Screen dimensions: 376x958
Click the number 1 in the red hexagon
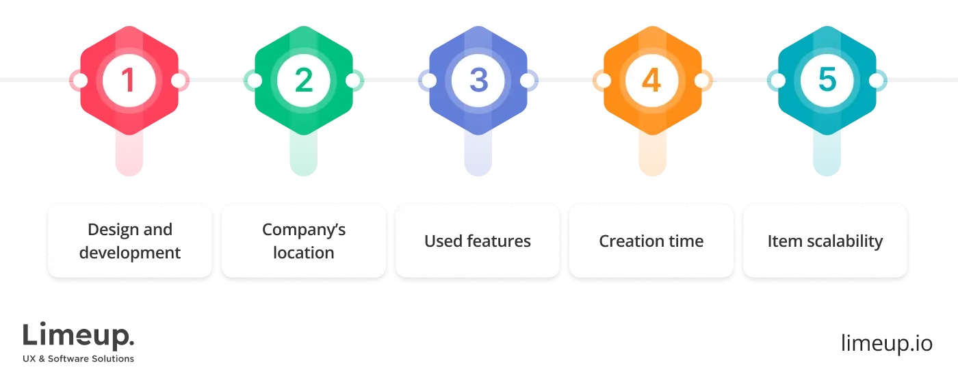tap(128, 81)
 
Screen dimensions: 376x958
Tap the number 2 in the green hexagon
tap(303, 81)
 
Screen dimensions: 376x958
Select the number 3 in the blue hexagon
tap(478, 81)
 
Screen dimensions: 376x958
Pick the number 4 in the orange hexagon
tap(651, 81)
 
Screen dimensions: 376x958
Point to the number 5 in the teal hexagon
tap(827, 81)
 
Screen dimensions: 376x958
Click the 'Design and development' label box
tap(130, 241)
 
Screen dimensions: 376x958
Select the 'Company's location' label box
tap(304, 241)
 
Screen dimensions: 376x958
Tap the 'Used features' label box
tap(478, 241)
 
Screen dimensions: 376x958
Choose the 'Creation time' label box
tap(651, 241)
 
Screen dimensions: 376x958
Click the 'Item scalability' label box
tap(825, 241)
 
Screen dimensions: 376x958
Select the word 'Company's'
tap(304, 230)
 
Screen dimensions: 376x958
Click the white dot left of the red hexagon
tap(80, 81)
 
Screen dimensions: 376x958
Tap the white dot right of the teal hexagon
tap(877, 81)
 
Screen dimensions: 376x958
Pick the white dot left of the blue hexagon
tap(429, 81)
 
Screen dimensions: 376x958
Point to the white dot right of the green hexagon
tap(353, 81)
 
